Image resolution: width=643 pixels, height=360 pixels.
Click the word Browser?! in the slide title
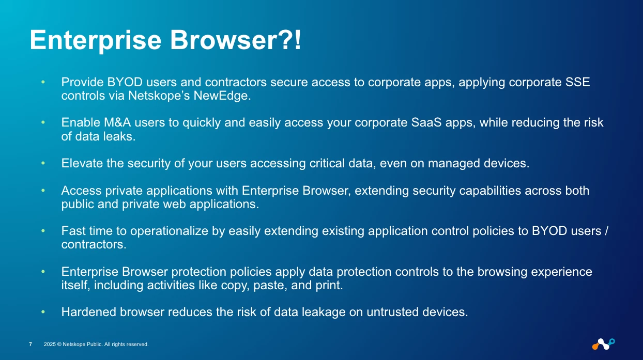236,40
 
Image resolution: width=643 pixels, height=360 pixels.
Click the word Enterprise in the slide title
96,41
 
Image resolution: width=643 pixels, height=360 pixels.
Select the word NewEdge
222,96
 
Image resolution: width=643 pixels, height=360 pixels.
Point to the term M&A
117,122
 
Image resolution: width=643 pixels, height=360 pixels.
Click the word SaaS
426,122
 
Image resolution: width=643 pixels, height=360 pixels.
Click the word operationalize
170,231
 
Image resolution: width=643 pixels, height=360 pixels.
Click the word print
329,286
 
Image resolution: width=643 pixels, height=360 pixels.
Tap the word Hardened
89,312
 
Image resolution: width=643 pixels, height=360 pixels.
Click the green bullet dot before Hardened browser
43,312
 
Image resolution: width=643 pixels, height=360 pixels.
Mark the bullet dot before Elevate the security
43,163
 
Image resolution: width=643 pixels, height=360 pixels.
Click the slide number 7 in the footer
30,344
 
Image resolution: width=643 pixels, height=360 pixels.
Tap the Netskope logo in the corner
603,344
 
